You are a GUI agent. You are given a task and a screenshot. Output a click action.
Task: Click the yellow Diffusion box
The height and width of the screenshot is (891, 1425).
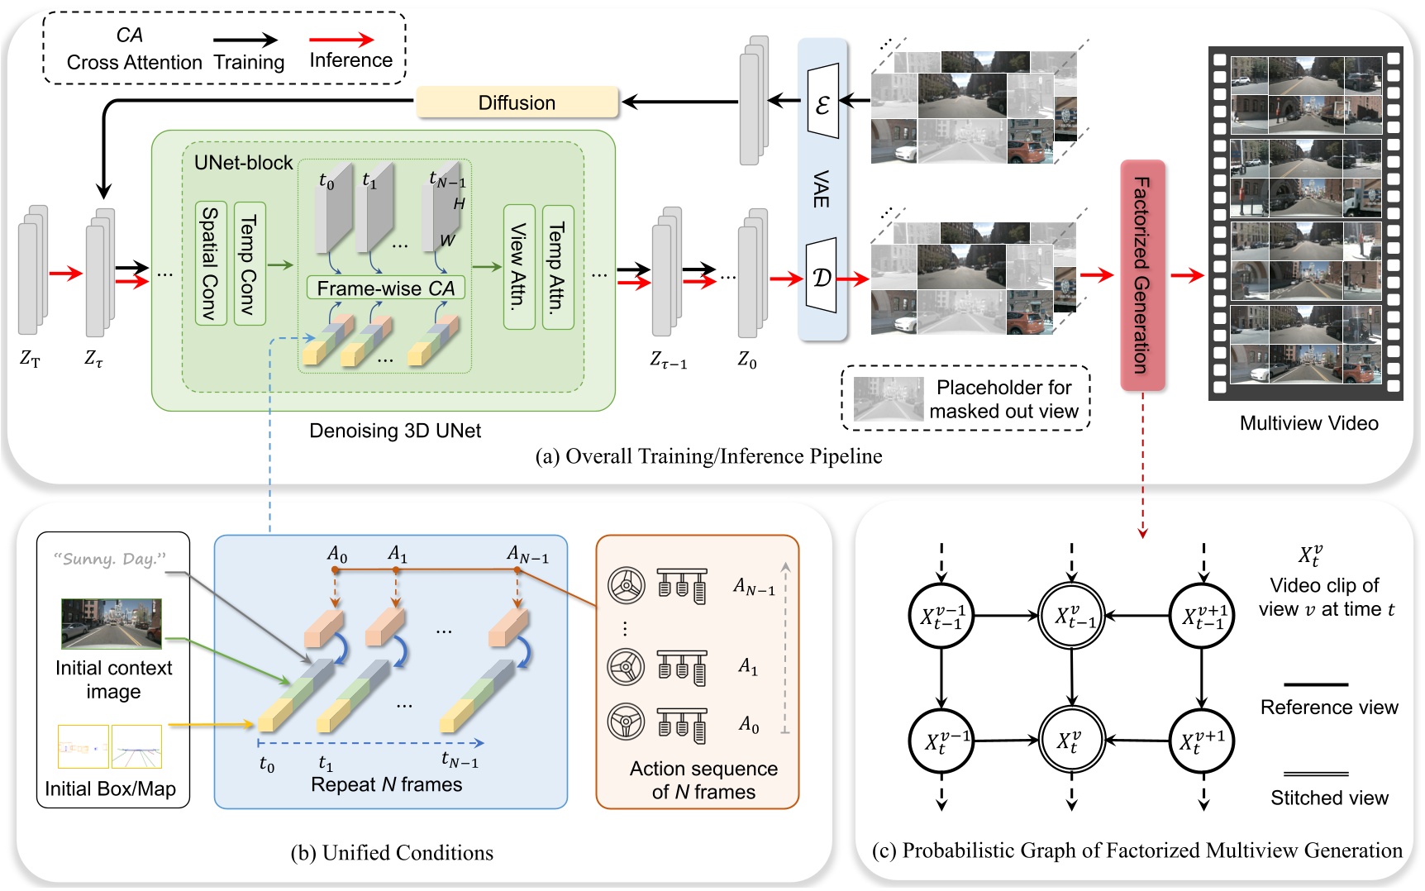click(x=517, y=102)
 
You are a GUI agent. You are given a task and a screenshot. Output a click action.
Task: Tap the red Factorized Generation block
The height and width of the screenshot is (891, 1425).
click(x=1142, y=275)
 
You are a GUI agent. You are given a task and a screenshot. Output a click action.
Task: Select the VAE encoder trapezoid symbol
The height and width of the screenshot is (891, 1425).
click(x=822, y=102)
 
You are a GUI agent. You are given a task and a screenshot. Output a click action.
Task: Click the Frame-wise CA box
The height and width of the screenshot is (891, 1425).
click(x=385, y=288)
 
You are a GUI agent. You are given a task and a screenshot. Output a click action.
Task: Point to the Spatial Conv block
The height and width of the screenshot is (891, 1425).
click(x=211, y=263)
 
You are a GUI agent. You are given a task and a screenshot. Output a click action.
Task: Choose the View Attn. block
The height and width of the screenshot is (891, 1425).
click(x=518, y=266)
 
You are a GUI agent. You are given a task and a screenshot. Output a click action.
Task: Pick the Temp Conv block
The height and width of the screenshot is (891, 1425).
click(x=249, y=263)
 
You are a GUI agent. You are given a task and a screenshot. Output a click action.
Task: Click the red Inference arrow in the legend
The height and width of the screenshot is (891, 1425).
click(x=341, y=39)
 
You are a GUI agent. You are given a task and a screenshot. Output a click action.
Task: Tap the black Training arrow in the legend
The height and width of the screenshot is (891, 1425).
click(x=245, y=39)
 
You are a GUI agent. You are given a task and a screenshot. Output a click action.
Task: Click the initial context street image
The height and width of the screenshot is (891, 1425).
click(x=112, y=624)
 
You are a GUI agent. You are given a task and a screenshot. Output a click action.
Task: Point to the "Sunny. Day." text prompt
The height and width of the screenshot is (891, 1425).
click(x=110, y=559)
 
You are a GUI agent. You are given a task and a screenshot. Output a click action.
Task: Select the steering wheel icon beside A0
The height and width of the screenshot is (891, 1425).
click(x=626, y=722)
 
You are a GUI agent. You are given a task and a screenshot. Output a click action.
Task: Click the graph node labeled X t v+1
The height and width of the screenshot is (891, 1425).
click(x=1201, y=741)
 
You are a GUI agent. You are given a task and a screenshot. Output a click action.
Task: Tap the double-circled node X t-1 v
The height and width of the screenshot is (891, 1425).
click(x=1071, y=616)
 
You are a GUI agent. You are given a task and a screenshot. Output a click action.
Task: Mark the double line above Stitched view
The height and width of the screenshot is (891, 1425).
click(x=1316, y=774)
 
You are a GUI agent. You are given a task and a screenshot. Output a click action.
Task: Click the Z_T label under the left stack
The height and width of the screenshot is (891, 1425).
click(x=30, y=359)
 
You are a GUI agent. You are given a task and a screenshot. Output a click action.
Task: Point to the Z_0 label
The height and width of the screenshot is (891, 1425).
click(x=747, y=360)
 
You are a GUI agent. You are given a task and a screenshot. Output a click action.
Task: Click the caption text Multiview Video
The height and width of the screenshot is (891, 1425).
click(x=1308, y=423)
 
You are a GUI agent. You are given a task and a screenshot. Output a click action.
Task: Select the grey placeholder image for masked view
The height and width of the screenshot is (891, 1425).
click(x=889, y=399)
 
